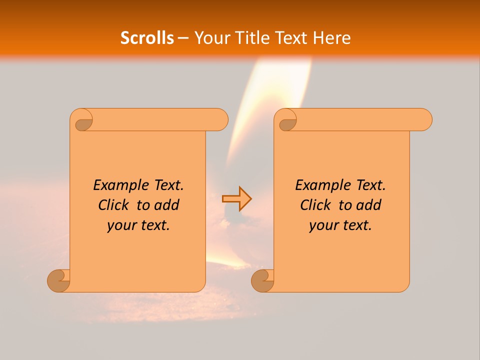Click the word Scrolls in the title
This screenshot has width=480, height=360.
tap(147, 38)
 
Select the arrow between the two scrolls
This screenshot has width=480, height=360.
tap(236, 198)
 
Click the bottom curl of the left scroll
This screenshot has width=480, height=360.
tap(58, 280)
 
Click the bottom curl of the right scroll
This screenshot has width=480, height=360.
tap(262, 280)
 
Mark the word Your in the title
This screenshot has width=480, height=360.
tap(210, 38)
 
